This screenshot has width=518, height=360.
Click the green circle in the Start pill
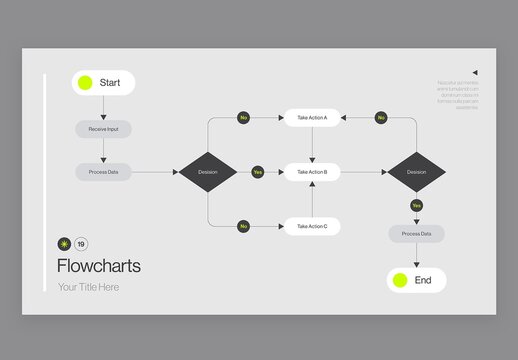[85, 83]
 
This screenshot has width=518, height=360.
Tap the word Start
[110, 83]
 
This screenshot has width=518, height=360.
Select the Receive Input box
[103, 129]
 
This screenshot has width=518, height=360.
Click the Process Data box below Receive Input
[103, 172]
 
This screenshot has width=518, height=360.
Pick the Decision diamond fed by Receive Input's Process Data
[207, 172]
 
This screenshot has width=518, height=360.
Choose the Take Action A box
[312, 118]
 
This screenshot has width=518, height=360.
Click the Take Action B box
[312, 172]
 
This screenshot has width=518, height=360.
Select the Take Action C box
[312, 227]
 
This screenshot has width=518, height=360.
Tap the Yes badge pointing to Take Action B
[257, 172]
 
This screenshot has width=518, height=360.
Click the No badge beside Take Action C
[243, 227]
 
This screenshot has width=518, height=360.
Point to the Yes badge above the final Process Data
[416, 206]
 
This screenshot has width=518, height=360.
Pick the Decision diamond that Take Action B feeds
[416, 172]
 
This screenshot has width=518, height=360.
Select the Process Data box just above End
[416, 234]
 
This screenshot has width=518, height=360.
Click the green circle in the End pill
[399, 280]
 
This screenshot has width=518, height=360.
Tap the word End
[423, 280]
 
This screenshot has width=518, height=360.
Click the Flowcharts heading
[99, 266]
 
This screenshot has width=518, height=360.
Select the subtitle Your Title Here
[88, 288]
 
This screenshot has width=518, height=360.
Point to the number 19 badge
[81, 244]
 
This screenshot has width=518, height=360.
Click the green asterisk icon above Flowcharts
[65, 244]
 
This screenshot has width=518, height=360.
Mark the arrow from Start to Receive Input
[103, 108]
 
